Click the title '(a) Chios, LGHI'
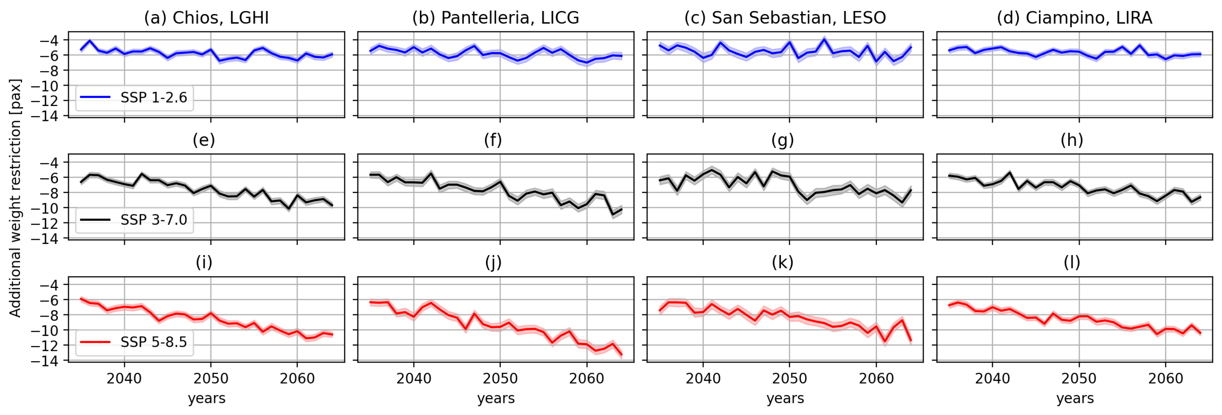pos(206,18)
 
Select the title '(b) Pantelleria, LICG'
pos(496,18)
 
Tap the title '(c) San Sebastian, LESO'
pos(785,18)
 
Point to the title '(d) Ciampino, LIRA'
pos(1074,18)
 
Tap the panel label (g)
pos(782,140)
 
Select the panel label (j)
pos(493,262)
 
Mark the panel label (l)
pos(1072,262)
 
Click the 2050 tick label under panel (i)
pos(210,379)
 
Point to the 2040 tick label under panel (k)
pos(703,379)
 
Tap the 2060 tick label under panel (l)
pos(1166,379)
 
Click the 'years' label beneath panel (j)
pos(496,398)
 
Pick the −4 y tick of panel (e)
pos(50,163)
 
